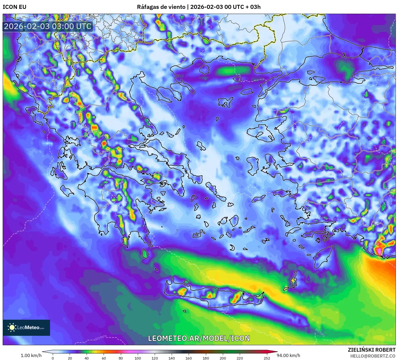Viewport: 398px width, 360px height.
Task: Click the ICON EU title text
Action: click(x=15, y=7)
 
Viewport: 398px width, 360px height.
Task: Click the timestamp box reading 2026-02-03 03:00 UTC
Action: click(x=48, y=26)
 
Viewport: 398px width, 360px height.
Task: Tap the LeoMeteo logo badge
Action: click(x=26, y=327)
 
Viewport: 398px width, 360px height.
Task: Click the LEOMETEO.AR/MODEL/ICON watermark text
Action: click(x=199, y=338)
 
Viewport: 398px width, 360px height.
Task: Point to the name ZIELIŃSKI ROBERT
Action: click(x=371, y=350)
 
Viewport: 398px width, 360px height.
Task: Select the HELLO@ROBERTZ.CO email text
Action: click(x=373, y=356)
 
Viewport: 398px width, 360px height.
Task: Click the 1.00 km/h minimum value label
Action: click(x=31, y=355)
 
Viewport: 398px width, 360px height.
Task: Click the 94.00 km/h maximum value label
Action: click(x=288, y=355)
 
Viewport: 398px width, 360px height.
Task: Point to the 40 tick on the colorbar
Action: click(x=87, y=358)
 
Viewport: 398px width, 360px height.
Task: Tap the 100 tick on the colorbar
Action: click(x=138, y=358)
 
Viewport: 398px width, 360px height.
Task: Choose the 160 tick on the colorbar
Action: click(x=189, y=358)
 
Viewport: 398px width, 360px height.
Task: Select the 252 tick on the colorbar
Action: click(x=267, y=358)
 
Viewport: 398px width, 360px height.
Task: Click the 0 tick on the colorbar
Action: click(x=53, y=358)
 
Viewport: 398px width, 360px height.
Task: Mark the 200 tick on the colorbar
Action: click(x=223, y=358)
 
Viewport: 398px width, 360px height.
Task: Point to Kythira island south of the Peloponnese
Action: click(x=145, y=254)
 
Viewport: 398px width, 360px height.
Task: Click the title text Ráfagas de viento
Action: click(x=161, y=7)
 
